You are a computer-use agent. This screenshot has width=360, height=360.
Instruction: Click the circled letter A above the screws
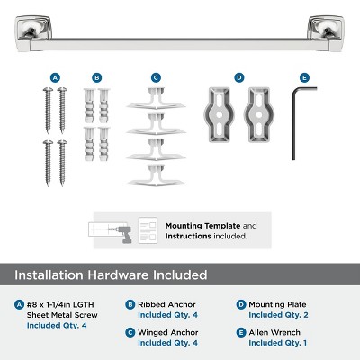[56, 78]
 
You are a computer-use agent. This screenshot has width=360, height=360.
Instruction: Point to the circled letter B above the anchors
[97, 78]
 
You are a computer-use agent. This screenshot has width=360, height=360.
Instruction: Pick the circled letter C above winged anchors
[156, 78]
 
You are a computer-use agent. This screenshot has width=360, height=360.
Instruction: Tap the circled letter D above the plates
[238, 78]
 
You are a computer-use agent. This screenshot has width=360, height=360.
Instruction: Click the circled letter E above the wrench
[305, 78]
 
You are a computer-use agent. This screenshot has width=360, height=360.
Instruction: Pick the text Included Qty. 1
[276, 343]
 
